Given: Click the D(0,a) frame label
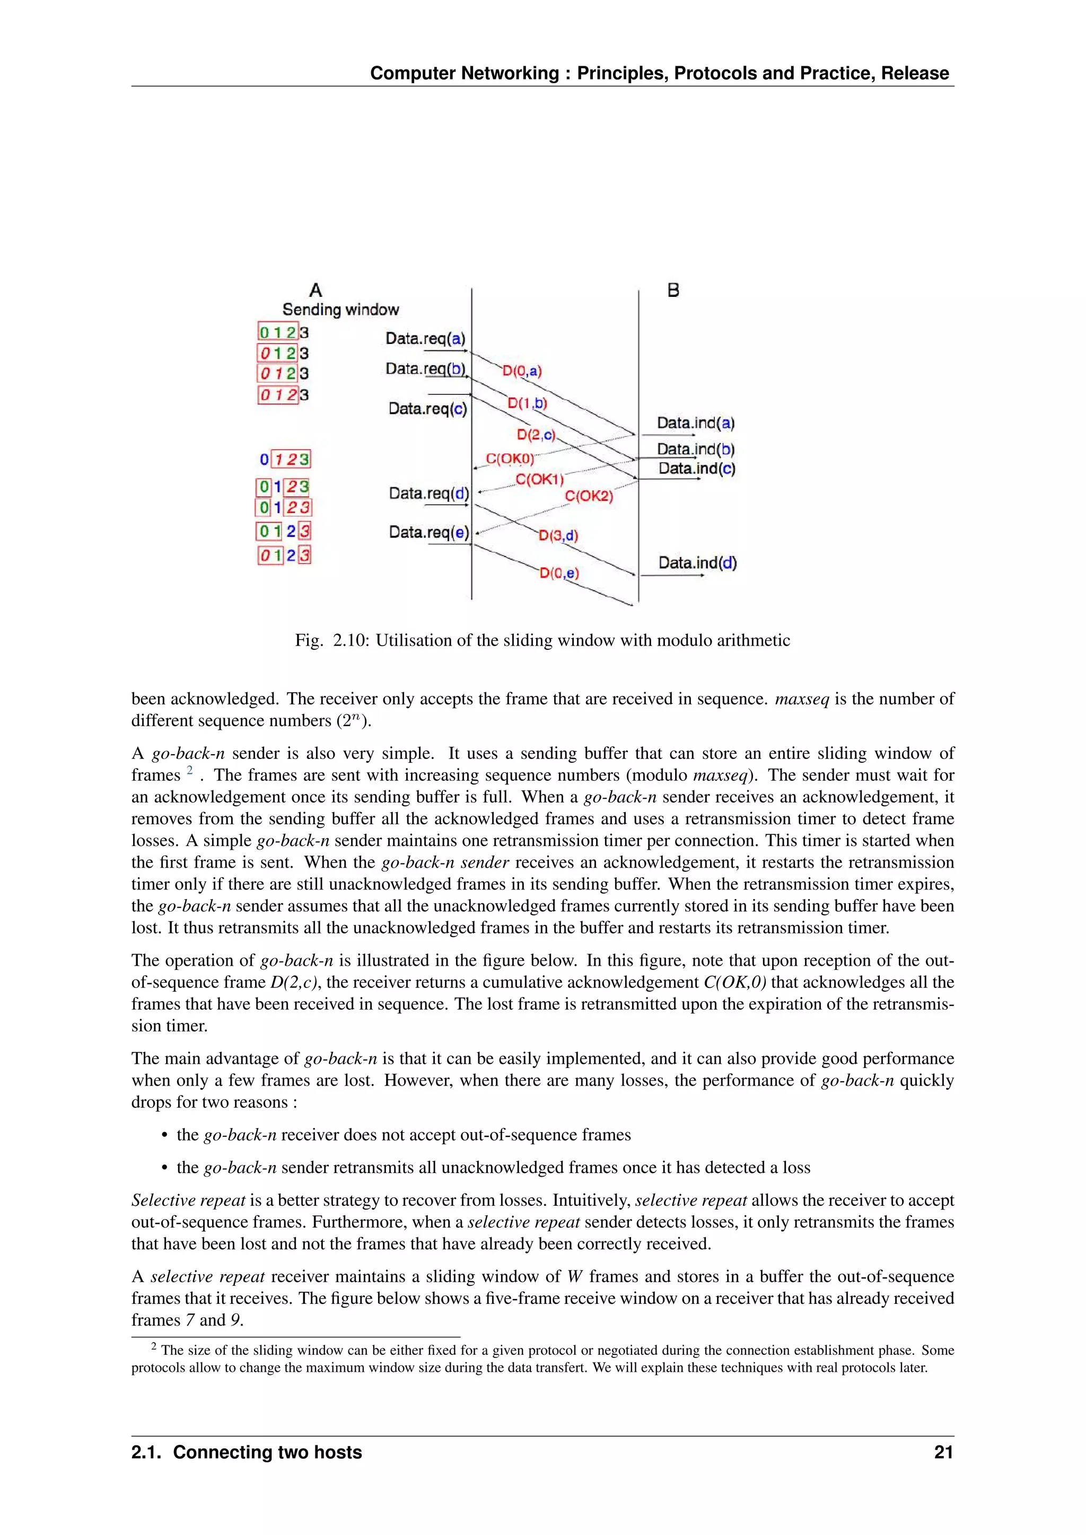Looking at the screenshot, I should pyautogui.click(x=522, y=370).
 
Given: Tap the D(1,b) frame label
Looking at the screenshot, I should pyautogui.click(x=527, y=403).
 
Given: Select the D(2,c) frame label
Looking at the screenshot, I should pyautogui.click(x=536, y=435).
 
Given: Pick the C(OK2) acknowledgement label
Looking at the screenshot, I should pyautogui.click(x=589, y=496).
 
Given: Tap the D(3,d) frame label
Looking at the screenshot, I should pyautogui.click(x=558, y=535).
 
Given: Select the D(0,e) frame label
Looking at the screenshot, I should pyautogui.click(x=559, y=573).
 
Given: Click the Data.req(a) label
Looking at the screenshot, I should pyautogui.click(x=425, y=338).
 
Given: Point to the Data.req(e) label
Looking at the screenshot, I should pyautogui.click(x=428, y=532).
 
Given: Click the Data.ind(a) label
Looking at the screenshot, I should pyautogui.click(x=696, y=423).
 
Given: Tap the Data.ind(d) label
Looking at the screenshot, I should pyautogui.click(x=697, y=563).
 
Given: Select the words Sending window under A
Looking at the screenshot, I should pyautogui.click(x=340, y=310).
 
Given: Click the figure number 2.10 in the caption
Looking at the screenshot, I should pyautogui.click(x=351, y=640).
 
